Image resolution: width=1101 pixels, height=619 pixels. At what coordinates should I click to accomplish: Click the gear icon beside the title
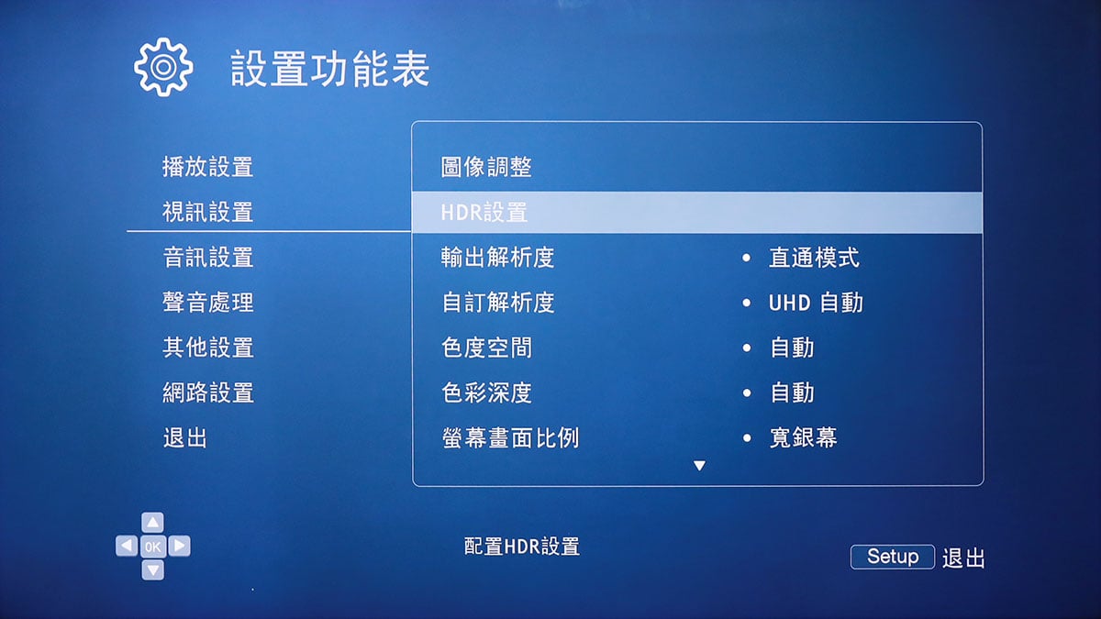(x=163, y=67)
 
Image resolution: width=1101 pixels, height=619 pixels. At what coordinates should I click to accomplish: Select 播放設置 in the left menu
(x=208, y=167)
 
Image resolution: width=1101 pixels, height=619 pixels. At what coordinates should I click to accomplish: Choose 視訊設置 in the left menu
(x=208, y=212)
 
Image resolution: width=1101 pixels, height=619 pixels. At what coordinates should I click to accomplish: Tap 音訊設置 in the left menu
(x=208, y=257)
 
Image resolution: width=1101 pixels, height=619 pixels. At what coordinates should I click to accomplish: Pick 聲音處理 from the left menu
(x=208, y=302)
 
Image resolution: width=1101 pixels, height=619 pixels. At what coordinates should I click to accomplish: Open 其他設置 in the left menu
(x=208, y=348)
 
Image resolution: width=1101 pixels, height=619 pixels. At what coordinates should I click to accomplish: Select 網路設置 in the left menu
(x=208, y=392)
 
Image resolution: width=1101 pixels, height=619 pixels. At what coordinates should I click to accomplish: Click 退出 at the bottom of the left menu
(x=184, y=437)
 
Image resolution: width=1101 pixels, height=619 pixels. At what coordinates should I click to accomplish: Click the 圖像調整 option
(x=486, y=167)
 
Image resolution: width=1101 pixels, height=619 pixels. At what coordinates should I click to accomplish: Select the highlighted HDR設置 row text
(x=484, y=212)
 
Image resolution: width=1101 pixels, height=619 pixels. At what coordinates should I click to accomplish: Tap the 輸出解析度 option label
(x=497, y=257)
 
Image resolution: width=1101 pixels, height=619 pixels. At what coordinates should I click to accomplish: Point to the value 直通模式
(x=814, y=258)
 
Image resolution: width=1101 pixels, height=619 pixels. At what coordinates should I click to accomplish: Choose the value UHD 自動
(x=816, y=303)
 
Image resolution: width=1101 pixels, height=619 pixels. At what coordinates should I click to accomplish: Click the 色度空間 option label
(x=486, y=348)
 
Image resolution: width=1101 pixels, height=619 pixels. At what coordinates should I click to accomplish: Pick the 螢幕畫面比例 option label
(x=510, y=437)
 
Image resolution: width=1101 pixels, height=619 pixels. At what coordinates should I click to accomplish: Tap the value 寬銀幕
(x=803, y=437)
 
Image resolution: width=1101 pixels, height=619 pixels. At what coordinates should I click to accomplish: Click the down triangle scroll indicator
(x=699, y=465)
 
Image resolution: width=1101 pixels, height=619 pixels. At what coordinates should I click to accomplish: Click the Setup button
(x=893, y=557)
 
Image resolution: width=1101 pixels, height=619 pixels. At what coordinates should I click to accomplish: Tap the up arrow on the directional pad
(x=153, y=522)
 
